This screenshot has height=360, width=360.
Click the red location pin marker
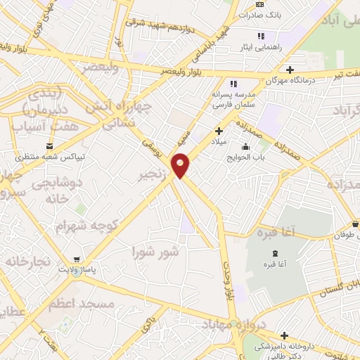tap(181, 164)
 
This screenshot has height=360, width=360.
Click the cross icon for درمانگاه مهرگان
tap(290, 70)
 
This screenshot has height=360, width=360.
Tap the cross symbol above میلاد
tap(219, 130)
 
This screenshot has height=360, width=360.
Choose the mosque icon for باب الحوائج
tap(245, 147)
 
